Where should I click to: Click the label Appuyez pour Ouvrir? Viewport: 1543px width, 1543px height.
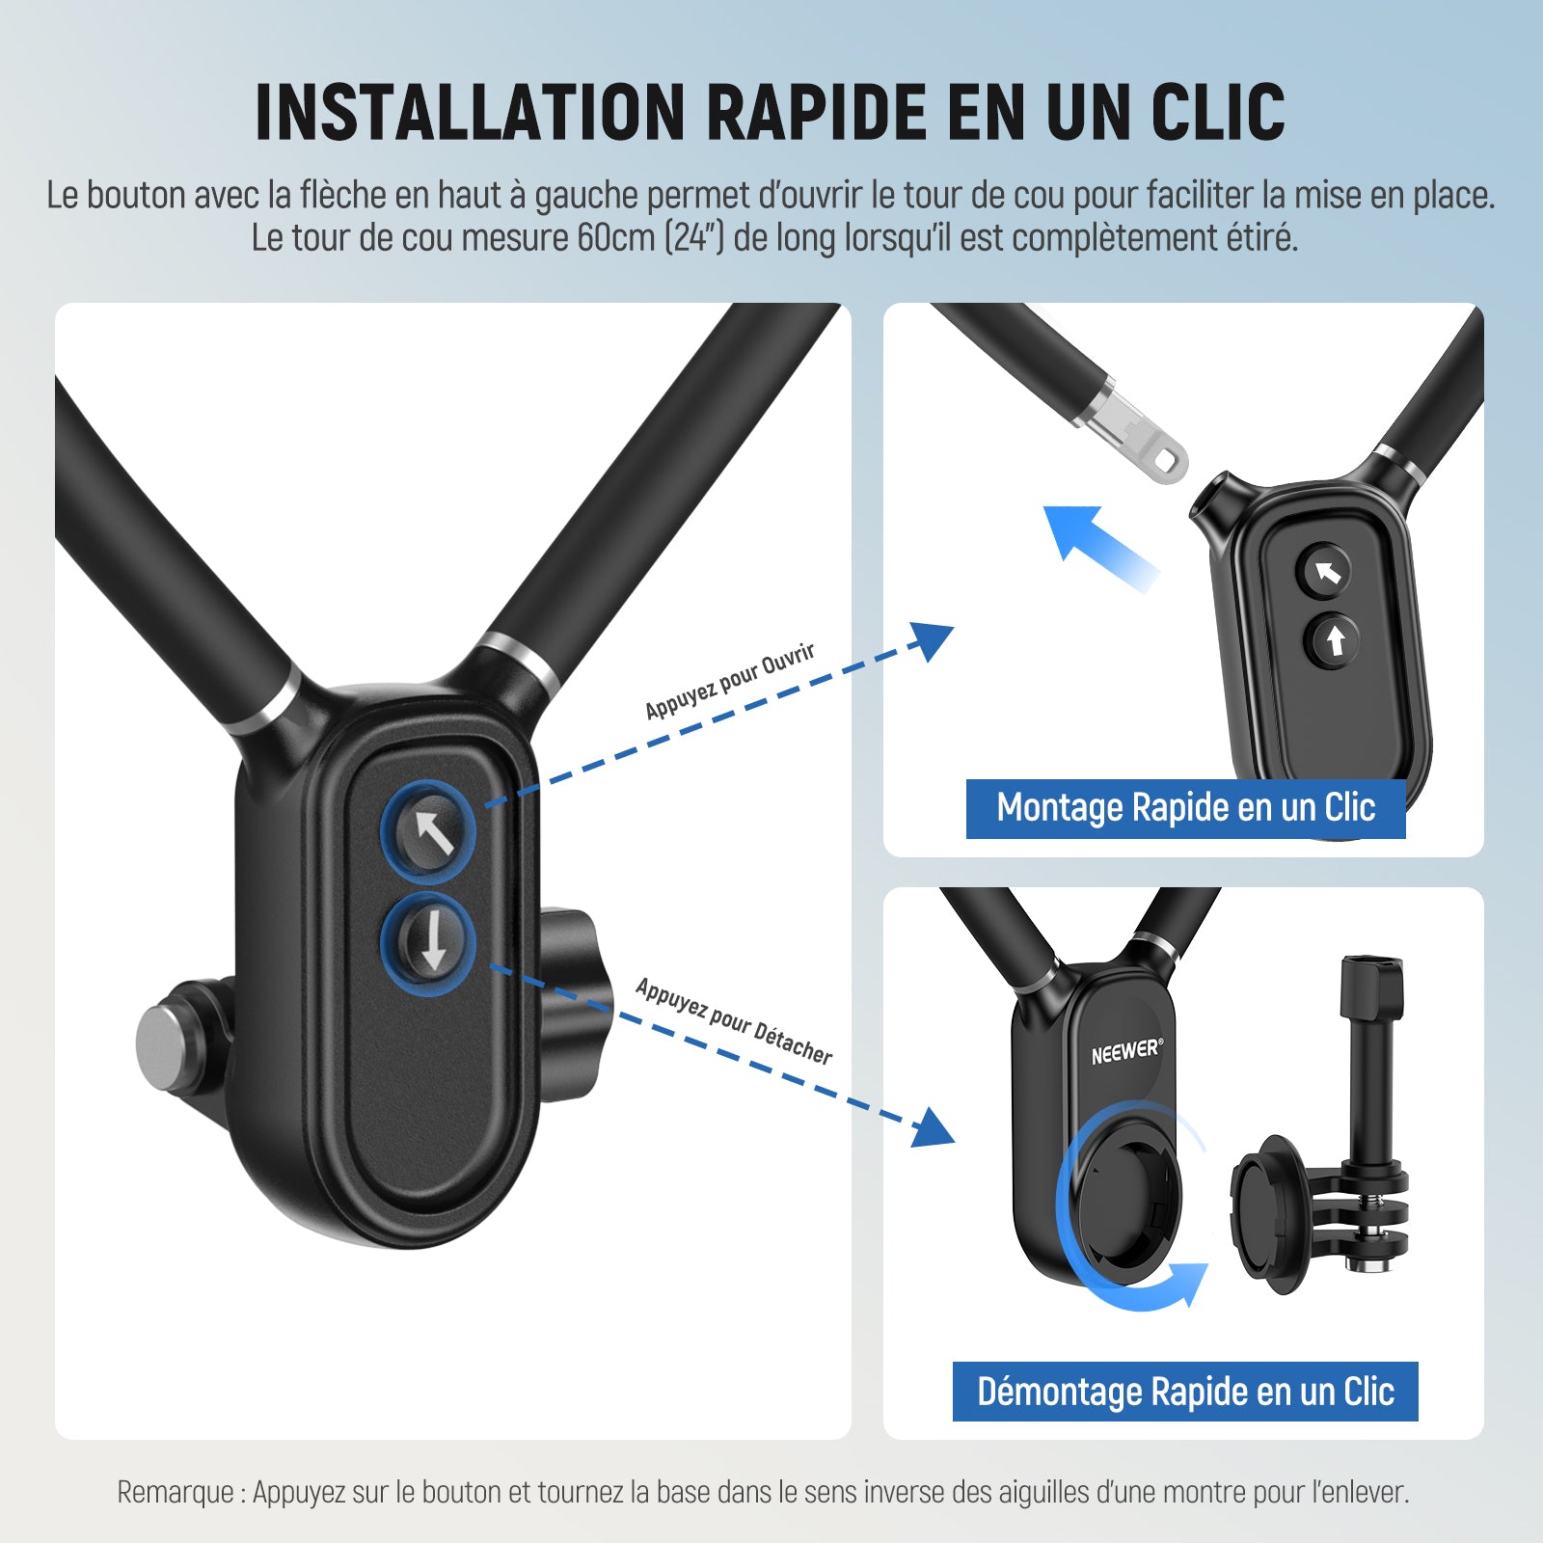click(x=730, y=681)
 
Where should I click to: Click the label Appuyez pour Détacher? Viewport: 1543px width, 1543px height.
click(x=734, y=1021)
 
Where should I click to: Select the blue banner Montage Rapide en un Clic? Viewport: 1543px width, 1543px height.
click(x=1185, y=808)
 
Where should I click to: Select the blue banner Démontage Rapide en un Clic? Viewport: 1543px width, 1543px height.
click(x=1185, y=1392)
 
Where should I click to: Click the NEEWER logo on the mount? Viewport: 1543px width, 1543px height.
click(x=1127, y=1050)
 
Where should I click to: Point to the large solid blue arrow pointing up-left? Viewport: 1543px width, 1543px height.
click(x=1099, y=545)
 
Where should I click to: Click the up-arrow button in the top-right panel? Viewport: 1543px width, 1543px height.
click(x=1335, y=639)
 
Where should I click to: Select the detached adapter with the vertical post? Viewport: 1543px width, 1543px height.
click(x=1320, y=1128)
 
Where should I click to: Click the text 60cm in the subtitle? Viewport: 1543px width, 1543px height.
click(x=616, y=238)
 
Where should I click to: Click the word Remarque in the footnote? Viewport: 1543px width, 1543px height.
click(x=176, y=1492)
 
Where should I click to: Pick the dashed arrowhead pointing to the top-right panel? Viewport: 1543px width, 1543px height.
click(x=930, y=638)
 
